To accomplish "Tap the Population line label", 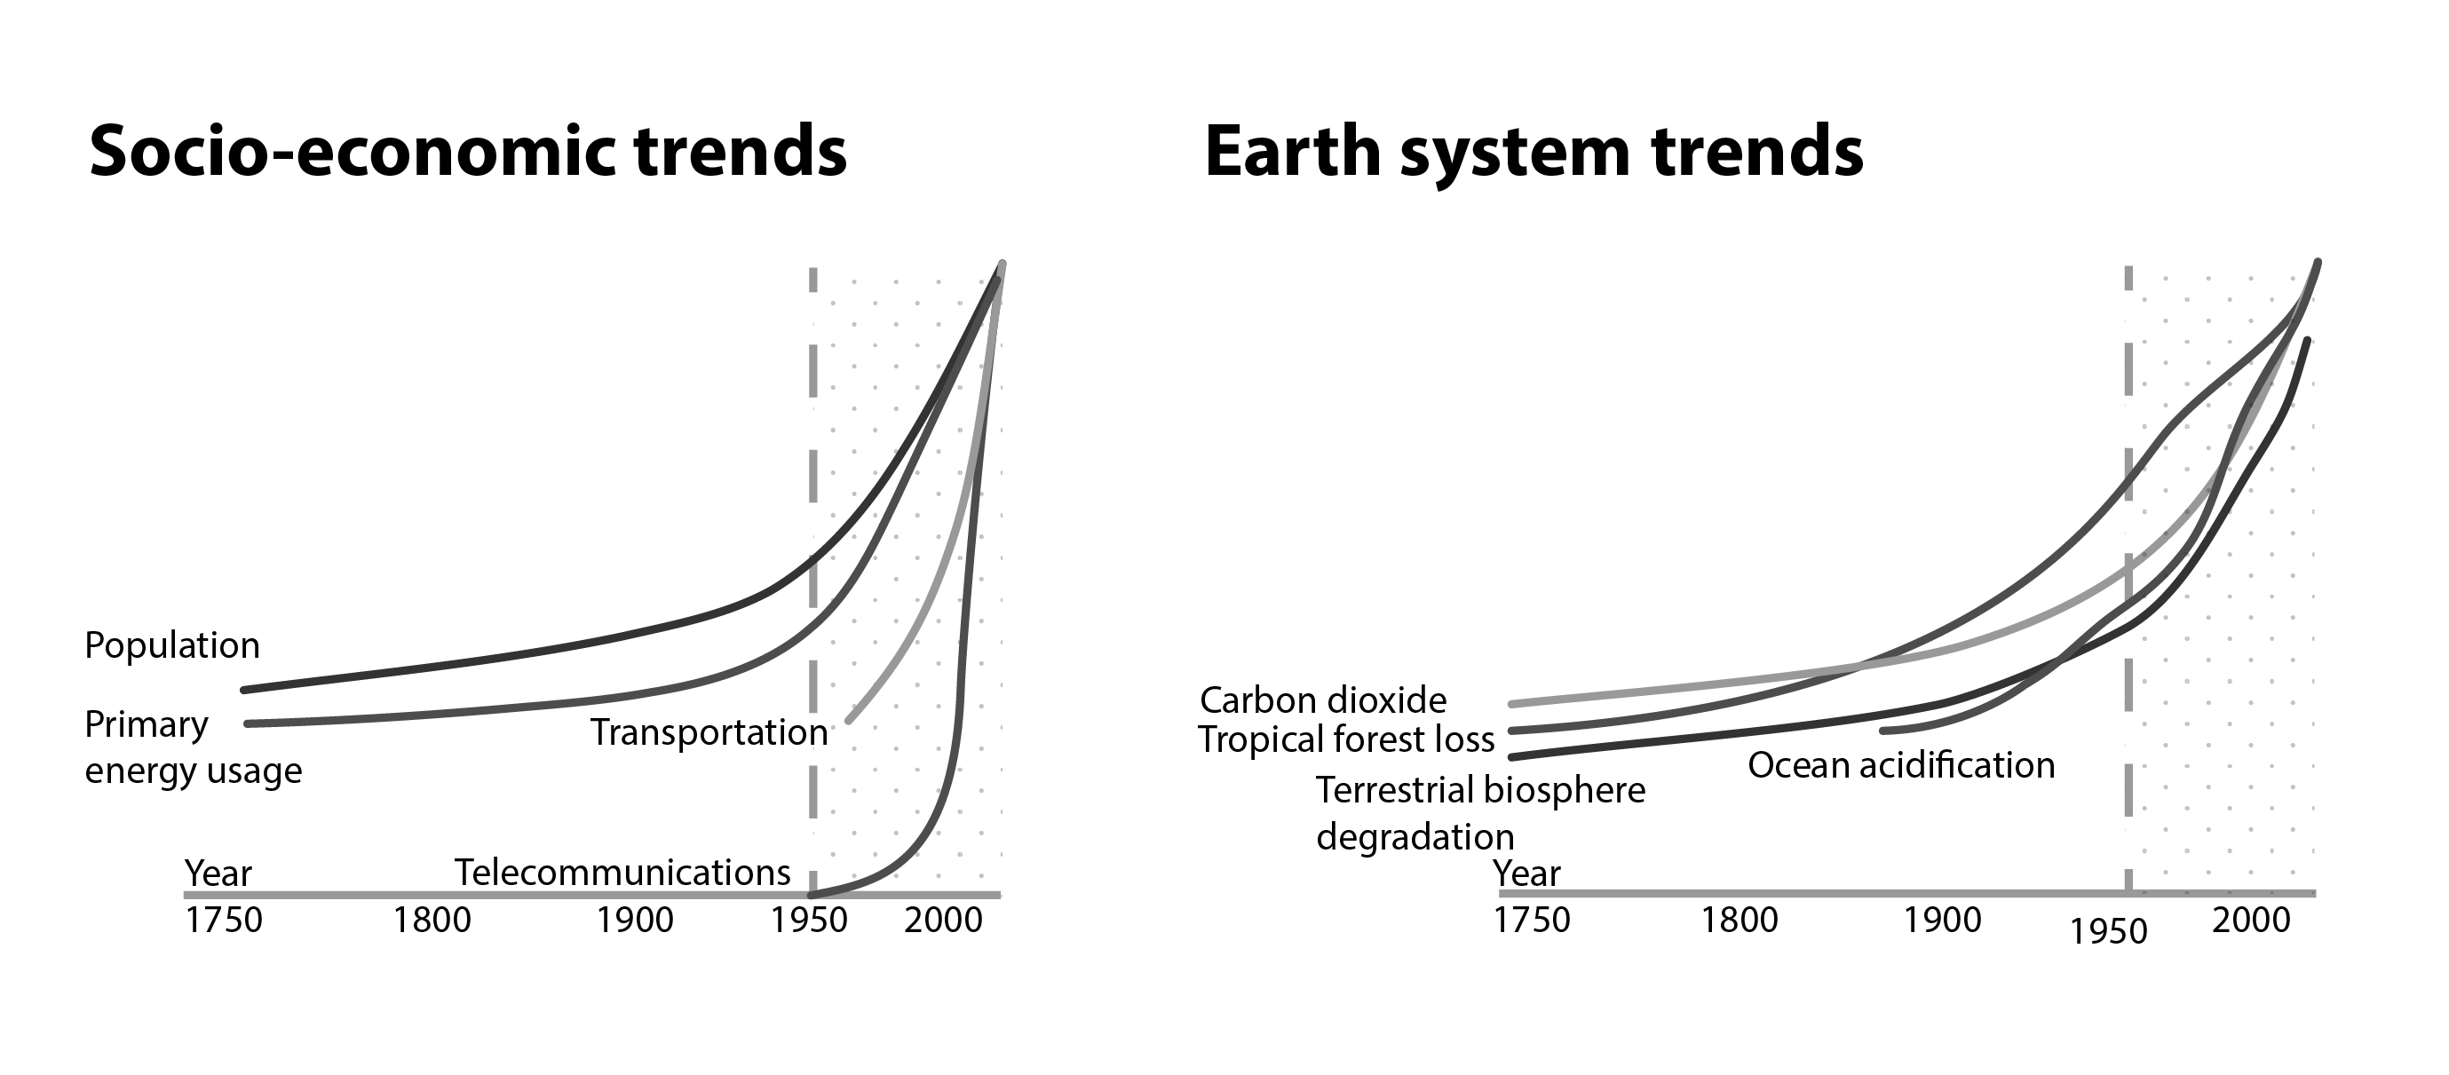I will coord(172,645).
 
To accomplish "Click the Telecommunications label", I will coord(622,873).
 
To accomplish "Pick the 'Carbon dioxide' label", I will coord(1322,700).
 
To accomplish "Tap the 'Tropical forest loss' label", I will coord(1345,739).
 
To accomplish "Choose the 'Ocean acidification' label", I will coord(1900,765).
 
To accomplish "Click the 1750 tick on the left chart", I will coord(224,920).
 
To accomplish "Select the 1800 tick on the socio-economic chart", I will coord(432,920).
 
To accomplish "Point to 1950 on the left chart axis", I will coord(808,920).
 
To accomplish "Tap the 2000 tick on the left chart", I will coord(943,920).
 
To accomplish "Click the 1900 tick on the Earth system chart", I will coord(1941,920).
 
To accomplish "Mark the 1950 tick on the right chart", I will coord(2108,931).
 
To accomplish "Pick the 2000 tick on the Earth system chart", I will coord(2250,920).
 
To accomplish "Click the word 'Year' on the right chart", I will coord(1526,873).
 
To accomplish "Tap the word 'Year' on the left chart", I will coord(218,873).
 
